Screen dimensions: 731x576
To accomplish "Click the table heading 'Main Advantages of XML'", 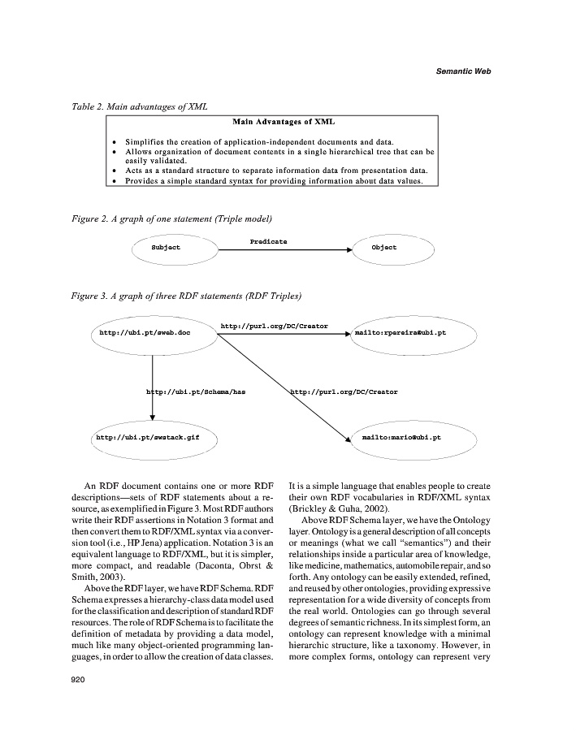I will [x=272, y=122].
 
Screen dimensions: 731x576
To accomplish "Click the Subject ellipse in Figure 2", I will [x=166, y=248].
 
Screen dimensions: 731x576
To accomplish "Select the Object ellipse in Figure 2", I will [x=383, y=248].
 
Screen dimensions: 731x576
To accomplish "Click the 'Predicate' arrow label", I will [x=268, y=241].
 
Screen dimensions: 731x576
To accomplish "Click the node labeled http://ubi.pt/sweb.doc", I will [x=145, y=333].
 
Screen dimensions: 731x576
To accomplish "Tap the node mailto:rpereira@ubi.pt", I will [x=400, y=333].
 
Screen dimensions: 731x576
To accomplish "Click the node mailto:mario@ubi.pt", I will [x=401, y=437].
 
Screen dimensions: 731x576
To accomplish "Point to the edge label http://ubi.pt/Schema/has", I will [x=195, y=391].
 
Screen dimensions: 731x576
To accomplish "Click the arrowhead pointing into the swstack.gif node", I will [x=153, y=418].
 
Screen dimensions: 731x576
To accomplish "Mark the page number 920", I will [x=80, y=680].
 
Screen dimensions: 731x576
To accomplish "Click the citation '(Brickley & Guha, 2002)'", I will [x=331, y=508].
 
